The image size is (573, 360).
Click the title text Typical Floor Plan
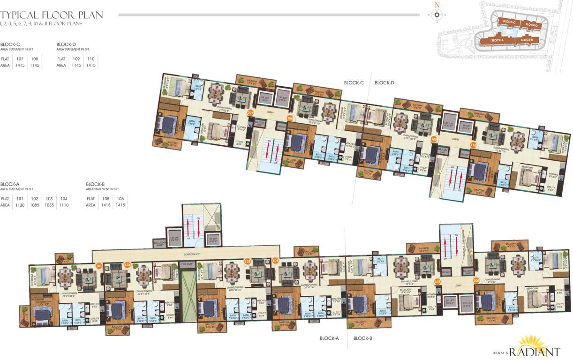52,15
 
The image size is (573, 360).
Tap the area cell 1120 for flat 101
20,205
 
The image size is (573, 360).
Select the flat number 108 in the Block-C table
34,59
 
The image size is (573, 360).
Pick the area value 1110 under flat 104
64,205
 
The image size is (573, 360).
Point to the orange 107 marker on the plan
250,113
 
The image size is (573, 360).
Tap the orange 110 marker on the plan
473,145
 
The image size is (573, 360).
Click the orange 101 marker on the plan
98,266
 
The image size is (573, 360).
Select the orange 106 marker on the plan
476,281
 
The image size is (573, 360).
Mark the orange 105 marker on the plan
437,282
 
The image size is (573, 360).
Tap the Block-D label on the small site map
531,25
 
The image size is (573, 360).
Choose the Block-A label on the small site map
497,40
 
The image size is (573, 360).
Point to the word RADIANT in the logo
535,352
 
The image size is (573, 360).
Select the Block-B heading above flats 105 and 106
94,184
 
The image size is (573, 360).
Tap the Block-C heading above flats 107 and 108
10,45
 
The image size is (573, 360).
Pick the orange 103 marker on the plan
248,261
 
